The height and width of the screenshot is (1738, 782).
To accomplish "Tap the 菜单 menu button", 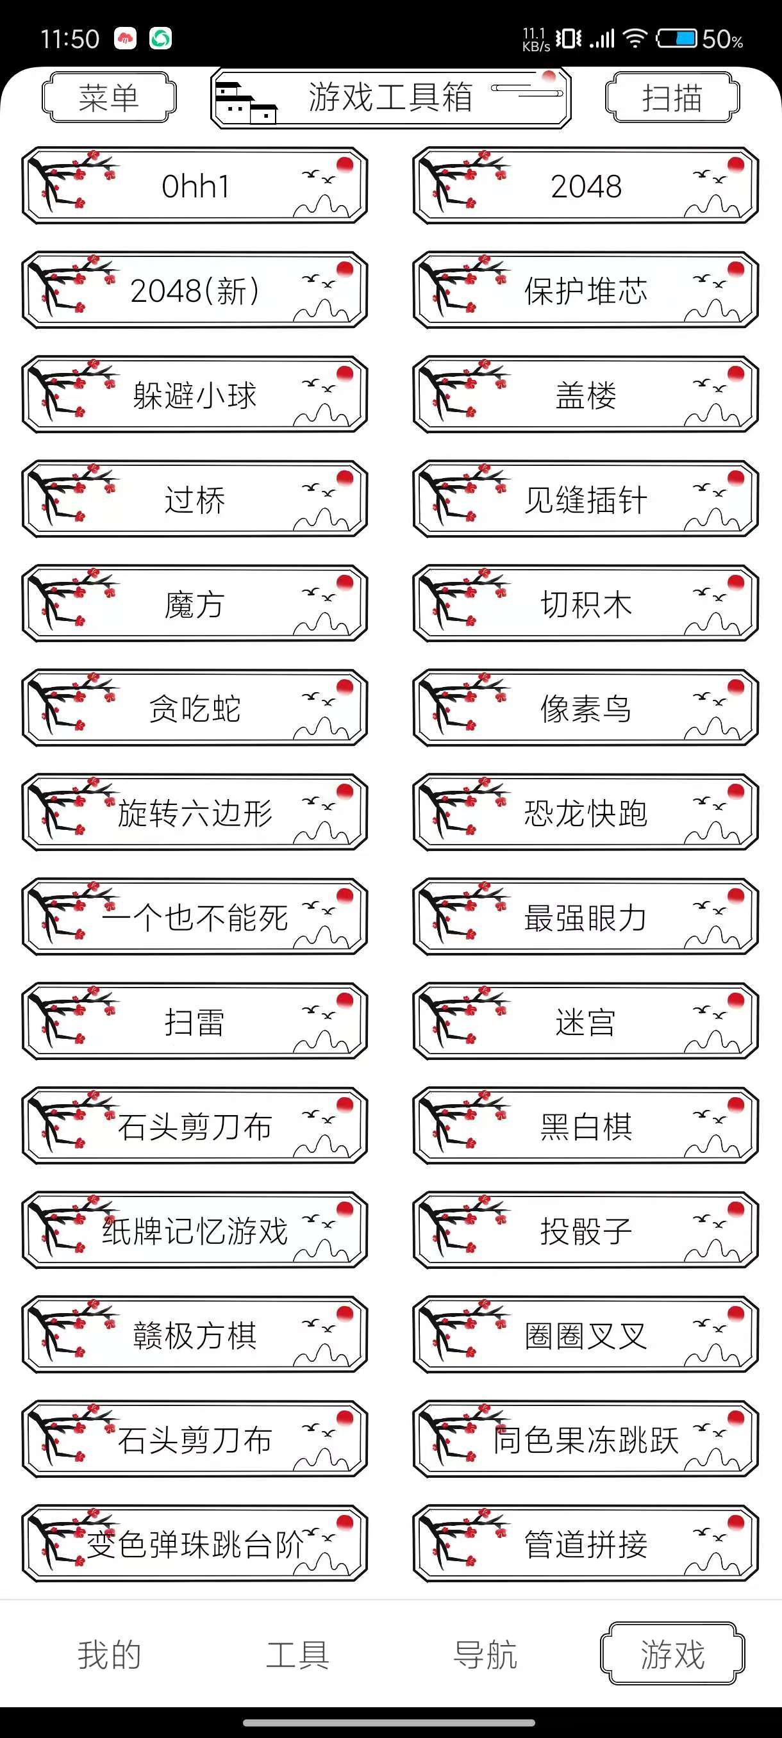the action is [x=108, y=97].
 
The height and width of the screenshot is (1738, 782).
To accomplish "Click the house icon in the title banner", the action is [x=245, y=103].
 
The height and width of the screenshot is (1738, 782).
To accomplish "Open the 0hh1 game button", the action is [x=195, y=186].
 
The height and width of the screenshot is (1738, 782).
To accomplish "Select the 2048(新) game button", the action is [x=195, y=290].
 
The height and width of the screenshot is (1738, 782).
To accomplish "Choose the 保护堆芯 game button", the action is [x=586, y=290].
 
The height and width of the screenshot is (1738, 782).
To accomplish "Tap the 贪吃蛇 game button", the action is [x=195, y=708].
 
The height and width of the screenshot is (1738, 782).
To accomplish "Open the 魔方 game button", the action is [x=195, y=603].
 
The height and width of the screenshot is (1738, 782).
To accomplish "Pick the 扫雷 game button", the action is [x=195, y=1021].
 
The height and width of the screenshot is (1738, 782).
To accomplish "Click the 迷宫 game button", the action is [x=586, y=1021].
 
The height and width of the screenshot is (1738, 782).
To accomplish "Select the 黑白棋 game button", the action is [x=586, y=1125].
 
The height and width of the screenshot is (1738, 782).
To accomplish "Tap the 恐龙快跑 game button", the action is [x=586, y=813].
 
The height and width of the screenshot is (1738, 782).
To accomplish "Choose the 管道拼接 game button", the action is [x=586, y=1543].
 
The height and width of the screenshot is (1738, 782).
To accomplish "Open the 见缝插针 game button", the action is [x=586, y=499].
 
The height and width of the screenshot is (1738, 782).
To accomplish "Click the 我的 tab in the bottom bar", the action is [x=110, y=1654].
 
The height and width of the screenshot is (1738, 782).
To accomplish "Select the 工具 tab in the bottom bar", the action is [x=297, y=1654].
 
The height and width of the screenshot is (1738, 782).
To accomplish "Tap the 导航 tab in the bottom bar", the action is [x=485, y=1654].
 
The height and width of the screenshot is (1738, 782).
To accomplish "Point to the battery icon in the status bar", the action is [x=677, y=38].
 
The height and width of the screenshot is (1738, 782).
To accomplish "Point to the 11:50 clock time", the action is [x=69, y=39].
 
